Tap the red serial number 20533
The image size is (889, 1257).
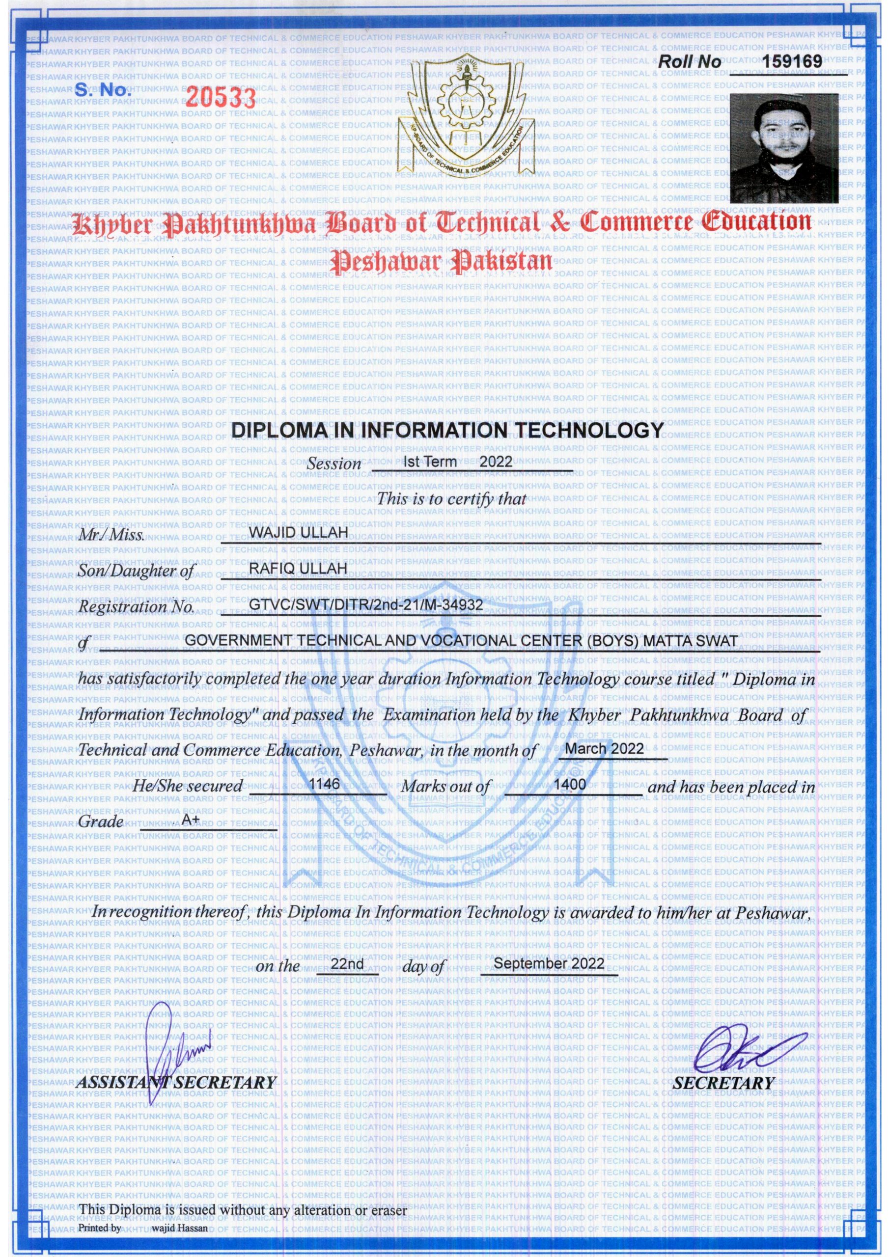pos(221,97)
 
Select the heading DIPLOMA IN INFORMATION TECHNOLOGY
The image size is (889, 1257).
pos(447,430)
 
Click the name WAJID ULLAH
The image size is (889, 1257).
pos(299,533)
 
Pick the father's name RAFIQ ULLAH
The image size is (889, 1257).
pos(298,570)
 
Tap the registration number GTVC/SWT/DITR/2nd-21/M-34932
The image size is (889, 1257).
pos(366,605)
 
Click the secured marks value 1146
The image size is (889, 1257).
pos(324,785)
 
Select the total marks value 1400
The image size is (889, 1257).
pos(570,785)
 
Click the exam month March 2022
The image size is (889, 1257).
pos(604,749)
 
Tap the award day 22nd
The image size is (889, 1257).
pos(347,964)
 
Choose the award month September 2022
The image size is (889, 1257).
pos(549,963)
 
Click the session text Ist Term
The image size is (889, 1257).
pos(429,462)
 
